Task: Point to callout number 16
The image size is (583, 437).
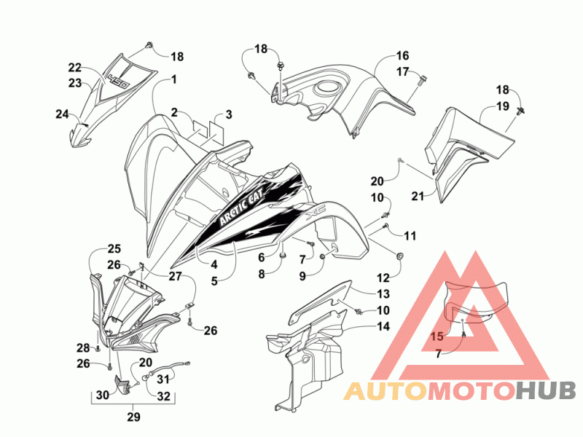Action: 402,56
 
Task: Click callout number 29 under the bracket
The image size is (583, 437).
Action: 134,417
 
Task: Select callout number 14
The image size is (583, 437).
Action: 383,326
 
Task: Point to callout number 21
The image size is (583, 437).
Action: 418,196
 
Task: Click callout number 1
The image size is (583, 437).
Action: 173,79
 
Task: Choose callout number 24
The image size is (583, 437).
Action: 62,114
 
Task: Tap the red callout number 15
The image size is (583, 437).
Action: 437,336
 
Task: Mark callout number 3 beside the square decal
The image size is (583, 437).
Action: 229,114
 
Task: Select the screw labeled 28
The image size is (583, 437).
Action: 98,348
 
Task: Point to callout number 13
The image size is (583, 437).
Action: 383,294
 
